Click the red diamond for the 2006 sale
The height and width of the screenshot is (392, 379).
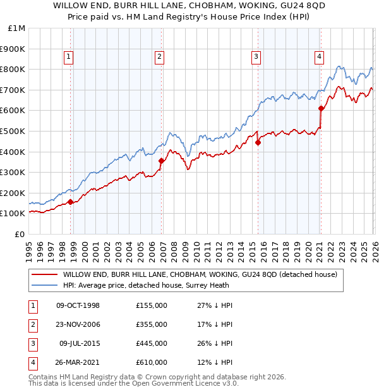pos(162,161)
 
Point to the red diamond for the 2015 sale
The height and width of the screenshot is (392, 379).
pos(258,142)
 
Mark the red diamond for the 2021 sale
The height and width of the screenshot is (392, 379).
pos(322,108)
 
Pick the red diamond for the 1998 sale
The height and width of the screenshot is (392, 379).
pos(71,202)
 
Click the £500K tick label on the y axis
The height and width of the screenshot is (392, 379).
pos(13,131)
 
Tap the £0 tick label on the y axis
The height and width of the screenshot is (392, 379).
pos(20,234)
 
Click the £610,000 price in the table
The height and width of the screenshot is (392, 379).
pos(152,362)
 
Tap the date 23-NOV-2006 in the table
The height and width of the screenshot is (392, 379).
pos(78,324)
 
